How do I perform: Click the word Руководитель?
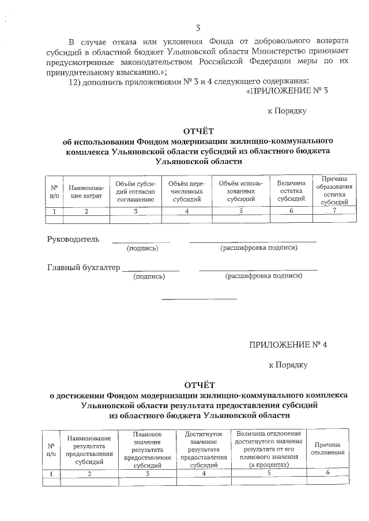pyautogui.click(x=73, y=239)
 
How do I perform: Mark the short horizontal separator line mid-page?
pyautogui.click(x=199, y=299)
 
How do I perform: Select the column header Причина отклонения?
pyautogui.click(x=327, y=448)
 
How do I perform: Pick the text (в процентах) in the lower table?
pyautogui.click(x=269, y=464)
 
